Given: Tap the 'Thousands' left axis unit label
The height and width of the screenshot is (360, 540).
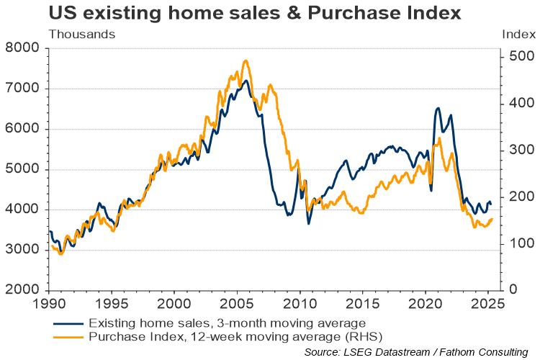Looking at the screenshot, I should click(x=81, y=33).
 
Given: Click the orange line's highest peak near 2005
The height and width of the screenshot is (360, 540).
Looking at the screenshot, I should click(x=246, y=61).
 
